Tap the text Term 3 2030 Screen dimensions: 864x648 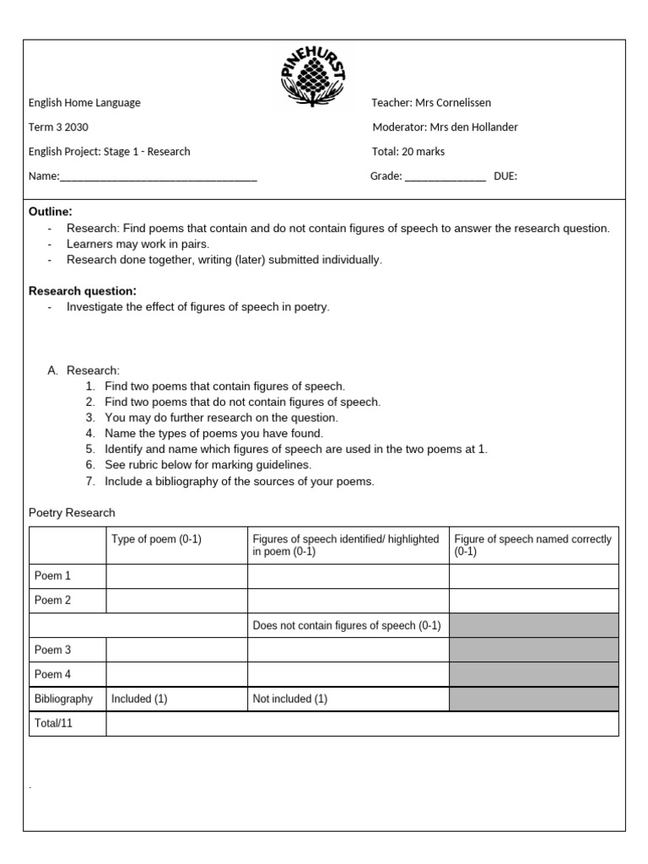[58, 127]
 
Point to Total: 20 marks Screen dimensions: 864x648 [408, 152]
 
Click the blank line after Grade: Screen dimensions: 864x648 [445, 177]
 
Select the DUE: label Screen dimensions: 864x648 [505, 176]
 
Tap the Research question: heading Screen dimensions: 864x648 [83, 291]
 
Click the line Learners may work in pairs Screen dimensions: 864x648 [138, 244]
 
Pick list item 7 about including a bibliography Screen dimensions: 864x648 [239, 482]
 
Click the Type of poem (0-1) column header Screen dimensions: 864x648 [157, 539]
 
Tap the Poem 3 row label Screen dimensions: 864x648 [52, 650]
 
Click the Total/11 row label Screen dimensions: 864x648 [53, 723]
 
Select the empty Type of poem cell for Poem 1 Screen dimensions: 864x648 [176, 576]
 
